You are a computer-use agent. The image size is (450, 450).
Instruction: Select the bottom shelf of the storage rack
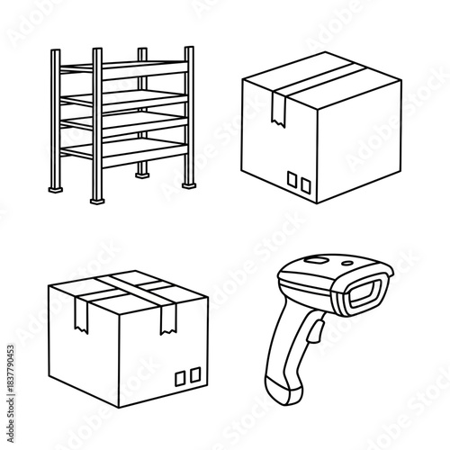click(135, 149)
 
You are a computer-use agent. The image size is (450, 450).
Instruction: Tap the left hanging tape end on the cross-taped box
click(79, 312)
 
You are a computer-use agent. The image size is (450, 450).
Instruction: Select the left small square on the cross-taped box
click(178, 375)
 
